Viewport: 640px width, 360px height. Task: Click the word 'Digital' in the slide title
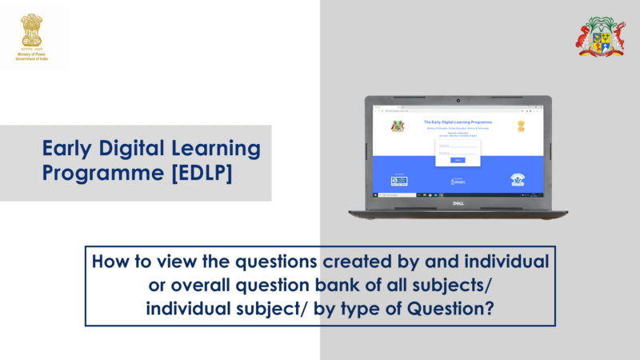click(138, 149)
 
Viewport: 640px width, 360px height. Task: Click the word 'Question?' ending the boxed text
click(454, 309)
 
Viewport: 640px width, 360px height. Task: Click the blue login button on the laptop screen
click(458, 160)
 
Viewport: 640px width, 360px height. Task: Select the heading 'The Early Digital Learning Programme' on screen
click(458, 122)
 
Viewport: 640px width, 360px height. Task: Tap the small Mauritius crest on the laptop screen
click(397, 126)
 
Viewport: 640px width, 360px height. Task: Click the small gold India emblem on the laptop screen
click(521, 126)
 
